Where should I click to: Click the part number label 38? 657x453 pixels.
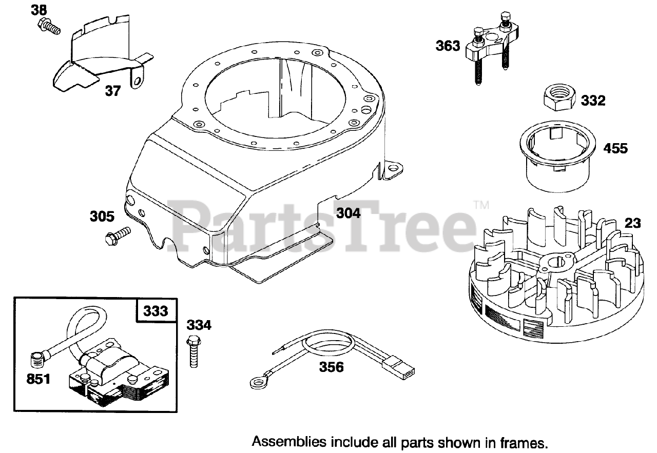click(38, 10)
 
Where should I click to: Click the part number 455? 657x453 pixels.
click(615, 148)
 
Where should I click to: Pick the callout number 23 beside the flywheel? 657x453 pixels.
click(633, 223)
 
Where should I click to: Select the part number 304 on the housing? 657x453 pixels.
click(349, 212)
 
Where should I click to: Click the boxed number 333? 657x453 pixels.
click(155, 311)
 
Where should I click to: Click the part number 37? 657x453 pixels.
click(112, 91)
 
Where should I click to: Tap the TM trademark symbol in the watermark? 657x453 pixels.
click(481, 205)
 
